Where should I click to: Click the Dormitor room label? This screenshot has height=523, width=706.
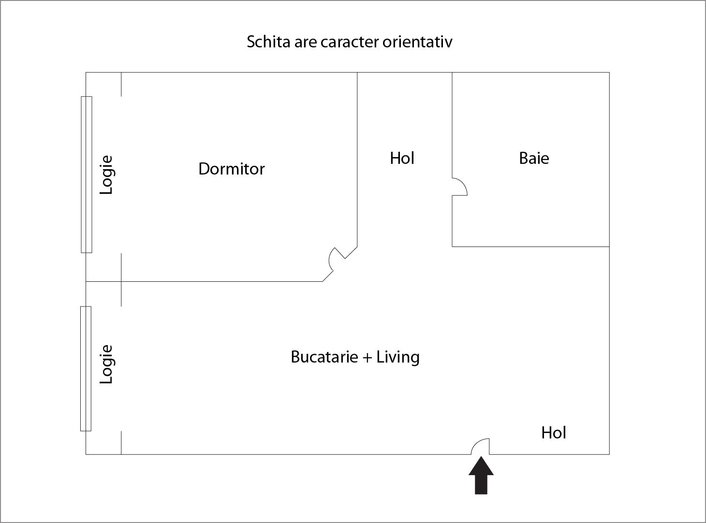232,169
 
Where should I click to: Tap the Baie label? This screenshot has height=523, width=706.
534,158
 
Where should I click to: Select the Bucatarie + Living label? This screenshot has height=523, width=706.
355,357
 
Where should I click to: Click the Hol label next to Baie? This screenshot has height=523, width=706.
402,158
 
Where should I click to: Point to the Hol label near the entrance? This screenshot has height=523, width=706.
554,433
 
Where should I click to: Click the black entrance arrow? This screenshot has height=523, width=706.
481,476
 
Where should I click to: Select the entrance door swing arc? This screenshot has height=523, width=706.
476,443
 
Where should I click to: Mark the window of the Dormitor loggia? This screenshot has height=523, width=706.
87,174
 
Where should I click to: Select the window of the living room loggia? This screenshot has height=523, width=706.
86,369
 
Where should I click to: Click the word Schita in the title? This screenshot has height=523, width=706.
268,42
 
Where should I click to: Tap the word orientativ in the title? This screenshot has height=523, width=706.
417,42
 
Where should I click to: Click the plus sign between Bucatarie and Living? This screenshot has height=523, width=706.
367,358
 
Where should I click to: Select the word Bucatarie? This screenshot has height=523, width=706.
324,357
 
